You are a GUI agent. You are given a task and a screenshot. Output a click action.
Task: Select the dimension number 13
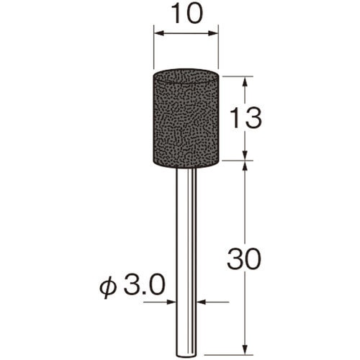(245, 117)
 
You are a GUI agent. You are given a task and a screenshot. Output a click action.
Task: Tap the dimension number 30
(244, 258)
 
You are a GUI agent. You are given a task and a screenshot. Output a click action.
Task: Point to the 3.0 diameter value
(145, 285)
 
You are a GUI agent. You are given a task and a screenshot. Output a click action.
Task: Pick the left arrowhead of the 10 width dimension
(158, 33)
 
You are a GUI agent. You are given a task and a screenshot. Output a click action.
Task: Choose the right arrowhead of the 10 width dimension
(213, 33)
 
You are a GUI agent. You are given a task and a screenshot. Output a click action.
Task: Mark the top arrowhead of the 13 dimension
(245, 81)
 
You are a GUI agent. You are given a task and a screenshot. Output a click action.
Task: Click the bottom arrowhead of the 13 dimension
(245, 156)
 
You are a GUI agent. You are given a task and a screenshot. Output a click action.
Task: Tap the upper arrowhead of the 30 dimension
(245, 166)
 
